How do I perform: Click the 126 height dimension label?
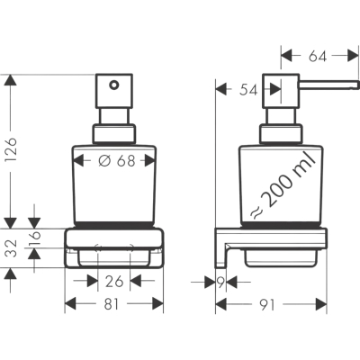[12, 149]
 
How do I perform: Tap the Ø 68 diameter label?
[117, 161]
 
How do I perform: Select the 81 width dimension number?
[112, 304]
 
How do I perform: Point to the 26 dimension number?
[114, 282]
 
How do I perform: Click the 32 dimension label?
[12, 248]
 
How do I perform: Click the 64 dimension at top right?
[318, 56]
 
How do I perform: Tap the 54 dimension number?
[248, 90]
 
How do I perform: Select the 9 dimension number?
[220, 283]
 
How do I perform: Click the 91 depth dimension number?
[266, 305]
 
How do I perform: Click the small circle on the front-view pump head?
[113, 85]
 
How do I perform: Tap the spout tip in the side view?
[358, 85]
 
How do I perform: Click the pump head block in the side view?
[281, 91]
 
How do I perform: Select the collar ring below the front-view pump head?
[113, 133]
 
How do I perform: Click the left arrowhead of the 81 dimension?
[70, 304]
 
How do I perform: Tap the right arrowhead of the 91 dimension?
[320, 304]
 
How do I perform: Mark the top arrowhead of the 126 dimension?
[10, 80]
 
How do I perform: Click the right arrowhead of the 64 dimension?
[353, 56]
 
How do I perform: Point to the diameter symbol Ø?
[104, 161]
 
